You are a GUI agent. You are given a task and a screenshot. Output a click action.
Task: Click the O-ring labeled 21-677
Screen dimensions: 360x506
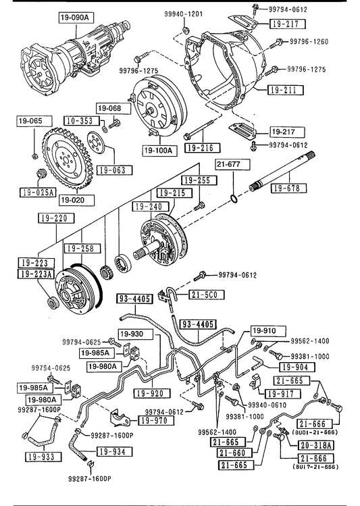234,199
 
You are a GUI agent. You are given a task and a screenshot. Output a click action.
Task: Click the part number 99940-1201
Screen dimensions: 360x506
183,14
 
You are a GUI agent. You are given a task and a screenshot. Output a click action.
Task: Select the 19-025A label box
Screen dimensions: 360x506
38,193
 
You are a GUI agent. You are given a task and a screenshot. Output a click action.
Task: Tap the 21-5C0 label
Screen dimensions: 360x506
207,295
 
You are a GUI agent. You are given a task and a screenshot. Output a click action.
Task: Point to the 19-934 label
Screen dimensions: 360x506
114,451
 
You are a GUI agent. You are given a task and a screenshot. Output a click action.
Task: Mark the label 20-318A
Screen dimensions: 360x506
316,445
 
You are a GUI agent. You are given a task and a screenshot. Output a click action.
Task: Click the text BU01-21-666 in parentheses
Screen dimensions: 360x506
315,432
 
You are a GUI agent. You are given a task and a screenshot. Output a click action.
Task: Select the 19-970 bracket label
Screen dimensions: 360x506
157,420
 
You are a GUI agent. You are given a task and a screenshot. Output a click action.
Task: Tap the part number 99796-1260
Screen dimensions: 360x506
309,42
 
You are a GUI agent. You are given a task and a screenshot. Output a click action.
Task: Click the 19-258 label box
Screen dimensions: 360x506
82,249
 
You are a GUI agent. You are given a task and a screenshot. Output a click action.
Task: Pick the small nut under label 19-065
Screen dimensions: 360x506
34,156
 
